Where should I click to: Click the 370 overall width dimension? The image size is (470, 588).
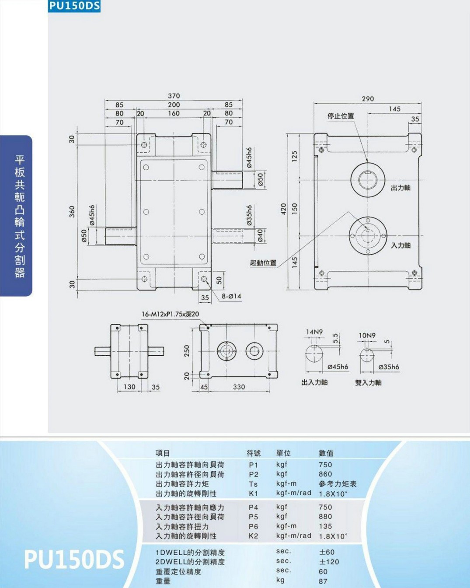(174, 96)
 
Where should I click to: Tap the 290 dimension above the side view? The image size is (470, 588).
(368, 99)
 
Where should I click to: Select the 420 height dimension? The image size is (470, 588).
(283, 209)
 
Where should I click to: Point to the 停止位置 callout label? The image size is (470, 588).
(341, 116)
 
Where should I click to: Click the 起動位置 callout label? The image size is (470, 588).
(263, 263)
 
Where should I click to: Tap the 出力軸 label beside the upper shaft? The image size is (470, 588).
(400, 188)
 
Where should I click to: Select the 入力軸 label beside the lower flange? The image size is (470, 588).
(400, 245)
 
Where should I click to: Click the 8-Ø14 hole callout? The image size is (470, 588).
(232, 296)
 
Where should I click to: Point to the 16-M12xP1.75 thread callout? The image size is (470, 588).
(170, 314)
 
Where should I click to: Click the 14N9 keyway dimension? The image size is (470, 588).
(314, 332)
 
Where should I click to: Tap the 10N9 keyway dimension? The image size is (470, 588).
(367, 335)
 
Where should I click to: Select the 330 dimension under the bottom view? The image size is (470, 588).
(239, 387)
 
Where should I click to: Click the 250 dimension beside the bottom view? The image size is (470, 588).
(187, 351)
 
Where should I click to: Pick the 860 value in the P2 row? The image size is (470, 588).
(325, 474)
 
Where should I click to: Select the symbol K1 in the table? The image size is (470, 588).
(253, 493)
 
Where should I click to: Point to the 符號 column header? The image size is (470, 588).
(254, 453)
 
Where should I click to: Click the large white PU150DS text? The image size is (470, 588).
(74, 559)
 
